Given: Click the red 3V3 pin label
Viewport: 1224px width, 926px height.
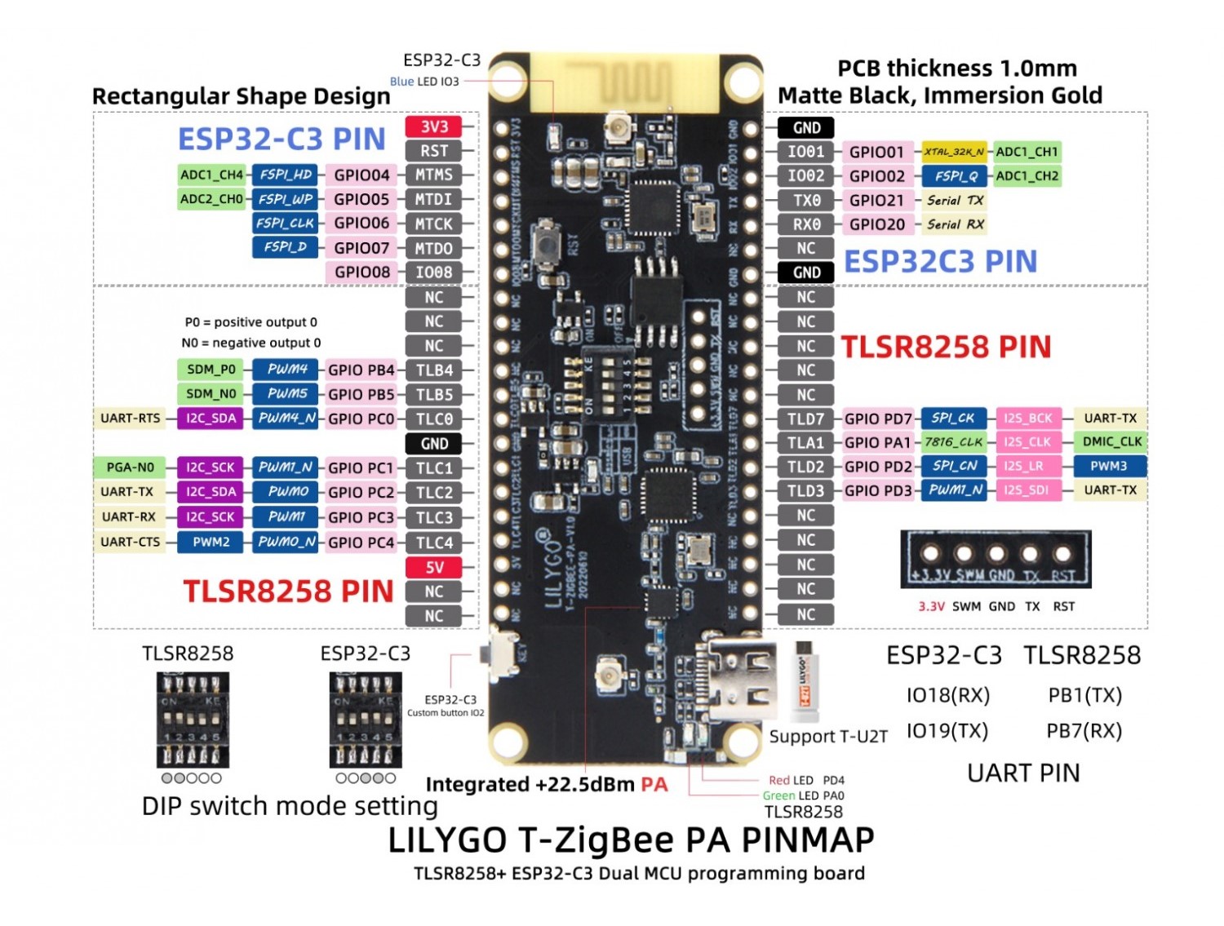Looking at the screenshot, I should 433,126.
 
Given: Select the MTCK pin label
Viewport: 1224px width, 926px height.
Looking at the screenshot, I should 433,224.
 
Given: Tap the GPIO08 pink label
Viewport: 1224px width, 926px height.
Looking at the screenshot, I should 361,272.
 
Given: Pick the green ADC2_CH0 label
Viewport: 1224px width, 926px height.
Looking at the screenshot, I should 211,199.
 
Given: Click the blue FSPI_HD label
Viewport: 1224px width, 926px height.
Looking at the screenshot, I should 285,175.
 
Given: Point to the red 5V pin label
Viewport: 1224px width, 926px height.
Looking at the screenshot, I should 433,567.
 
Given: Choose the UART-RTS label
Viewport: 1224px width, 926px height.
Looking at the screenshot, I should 130,419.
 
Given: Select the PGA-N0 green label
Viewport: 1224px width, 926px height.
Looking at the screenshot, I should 130,467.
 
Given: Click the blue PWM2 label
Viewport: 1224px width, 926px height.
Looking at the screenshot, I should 211,542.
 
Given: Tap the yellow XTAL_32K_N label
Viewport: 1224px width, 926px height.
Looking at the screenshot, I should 953,152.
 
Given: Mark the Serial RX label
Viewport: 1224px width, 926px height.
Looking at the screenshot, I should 955,224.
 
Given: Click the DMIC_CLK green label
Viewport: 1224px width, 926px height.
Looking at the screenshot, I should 1111,441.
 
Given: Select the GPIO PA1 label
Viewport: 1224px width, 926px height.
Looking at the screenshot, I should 877,442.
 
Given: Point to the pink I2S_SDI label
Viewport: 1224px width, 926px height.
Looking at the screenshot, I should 1027,490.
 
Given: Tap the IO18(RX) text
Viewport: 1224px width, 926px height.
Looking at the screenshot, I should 947,695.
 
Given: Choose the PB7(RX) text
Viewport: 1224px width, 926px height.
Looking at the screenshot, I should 1084,731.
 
